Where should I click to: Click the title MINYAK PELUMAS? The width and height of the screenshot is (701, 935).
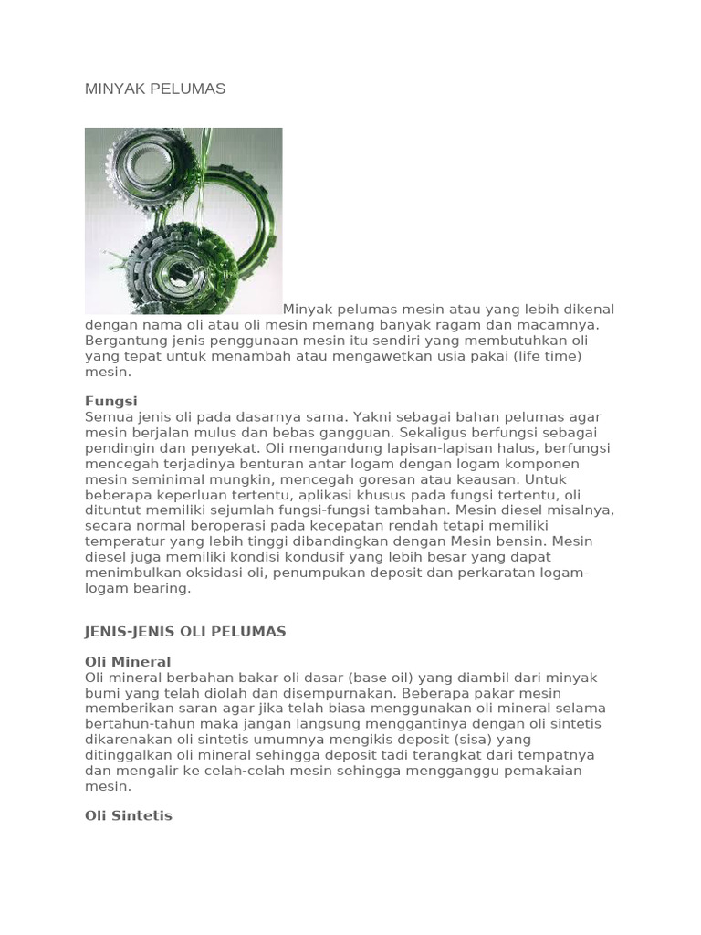tap(155, 89)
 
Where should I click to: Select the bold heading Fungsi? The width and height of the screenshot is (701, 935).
tap(110, 401)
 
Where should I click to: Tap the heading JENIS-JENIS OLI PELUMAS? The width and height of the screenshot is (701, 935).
tap(185, 631)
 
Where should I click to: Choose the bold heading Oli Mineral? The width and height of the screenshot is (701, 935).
tap(128, 661)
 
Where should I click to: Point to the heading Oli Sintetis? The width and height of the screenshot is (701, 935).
tap(129, 815)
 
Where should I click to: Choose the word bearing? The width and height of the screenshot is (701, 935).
tap(164, 588)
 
